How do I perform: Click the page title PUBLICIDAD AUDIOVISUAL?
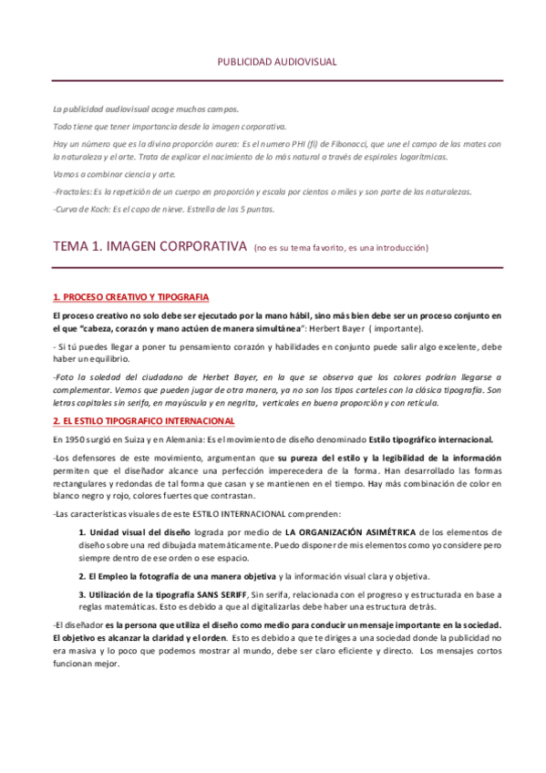pos(276,62)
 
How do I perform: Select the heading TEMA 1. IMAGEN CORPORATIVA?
pos(150,246)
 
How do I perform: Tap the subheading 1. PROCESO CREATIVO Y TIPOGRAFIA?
pos(130,297)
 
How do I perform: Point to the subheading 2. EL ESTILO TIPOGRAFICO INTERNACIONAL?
pos(144,420)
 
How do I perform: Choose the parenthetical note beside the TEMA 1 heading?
pos(340,248)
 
